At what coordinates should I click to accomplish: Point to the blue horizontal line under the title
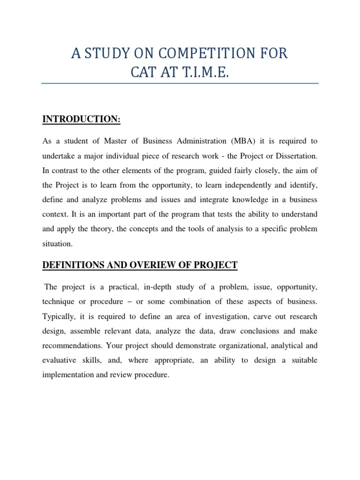(180, 84)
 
